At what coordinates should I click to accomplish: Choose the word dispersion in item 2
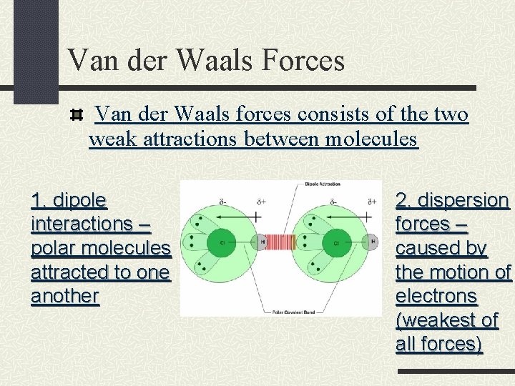[x=463, y=199]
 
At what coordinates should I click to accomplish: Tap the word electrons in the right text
[x=436, y=296]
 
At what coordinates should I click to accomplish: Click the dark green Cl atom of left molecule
[x=222, y=242]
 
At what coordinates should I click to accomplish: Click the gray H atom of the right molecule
[x=372, y=242]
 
